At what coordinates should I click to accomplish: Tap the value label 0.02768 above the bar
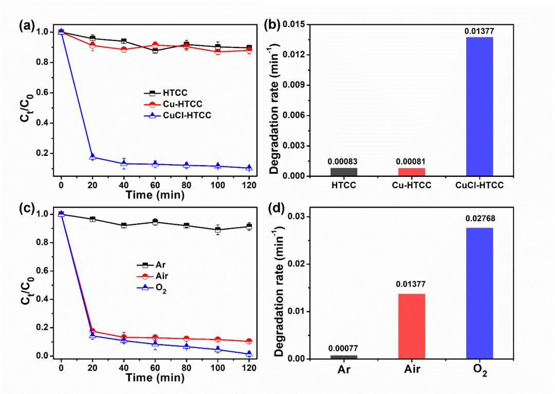click(x=479, y=219)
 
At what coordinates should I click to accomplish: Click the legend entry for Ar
click(x=154, y=265)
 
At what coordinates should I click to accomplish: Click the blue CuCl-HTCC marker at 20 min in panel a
click(x=92, y=156)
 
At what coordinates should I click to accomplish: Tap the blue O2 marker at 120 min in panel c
click(x=249, y=353)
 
